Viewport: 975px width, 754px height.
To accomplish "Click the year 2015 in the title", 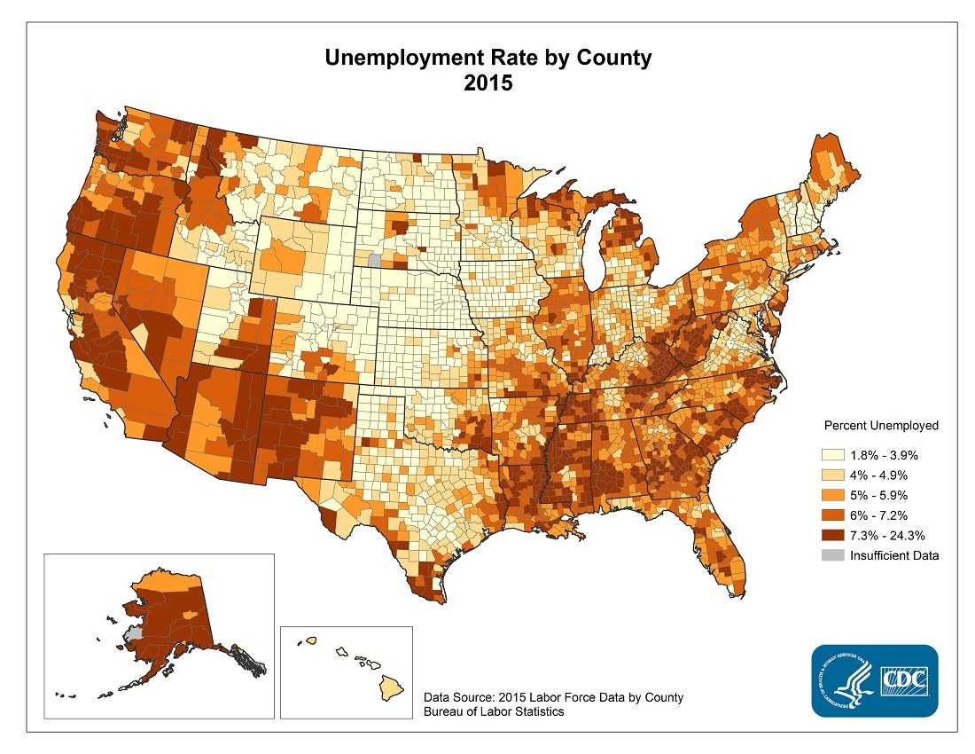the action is tap(487, 84).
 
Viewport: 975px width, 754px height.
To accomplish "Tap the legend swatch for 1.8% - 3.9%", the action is tap(832, 454).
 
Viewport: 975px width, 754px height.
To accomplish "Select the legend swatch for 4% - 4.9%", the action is tap(832, 475).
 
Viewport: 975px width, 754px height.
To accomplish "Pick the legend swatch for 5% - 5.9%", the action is tap(832, 495).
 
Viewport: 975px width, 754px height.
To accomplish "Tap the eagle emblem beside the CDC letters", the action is tap(846, 681).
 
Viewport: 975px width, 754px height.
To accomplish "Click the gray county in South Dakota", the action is tap(374, 261).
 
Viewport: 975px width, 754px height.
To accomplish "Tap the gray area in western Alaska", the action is tap(134, 633).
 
